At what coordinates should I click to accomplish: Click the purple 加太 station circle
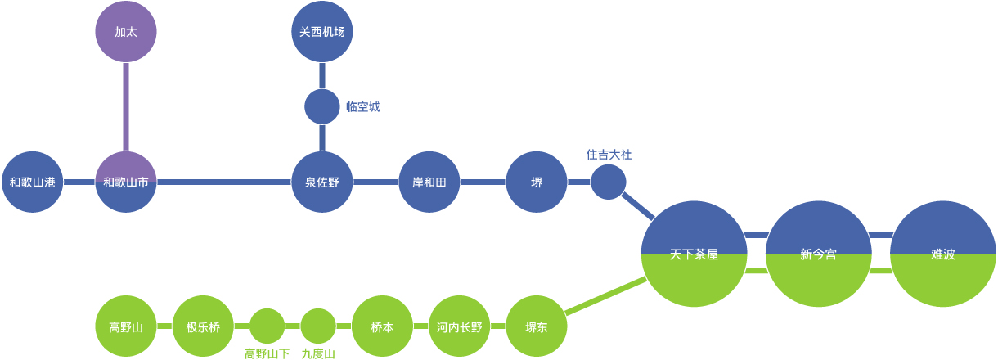click(x=126, y=32)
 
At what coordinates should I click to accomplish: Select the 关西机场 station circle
click(x=322, y=32)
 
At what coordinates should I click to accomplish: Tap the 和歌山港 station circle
click(x=33, y=182)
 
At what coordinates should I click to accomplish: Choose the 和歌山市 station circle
click(x=126, y=182)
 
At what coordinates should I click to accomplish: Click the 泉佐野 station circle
click(x=322, y=182)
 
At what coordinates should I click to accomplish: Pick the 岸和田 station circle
click(x=429, y=182)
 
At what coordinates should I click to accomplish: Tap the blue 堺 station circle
click(x=537, y=182)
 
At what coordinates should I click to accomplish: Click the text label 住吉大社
click(x=609, y=154)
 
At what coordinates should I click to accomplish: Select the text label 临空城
click(x=362, y=107)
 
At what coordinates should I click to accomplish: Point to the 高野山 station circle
click(x=126, y=326)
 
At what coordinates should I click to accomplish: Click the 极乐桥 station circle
click(x=204, y=326)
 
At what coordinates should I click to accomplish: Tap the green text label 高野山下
click(x=267, y=353)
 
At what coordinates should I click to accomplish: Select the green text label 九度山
click(x=318, y=353)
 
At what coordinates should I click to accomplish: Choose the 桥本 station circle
click(x=382, y=326)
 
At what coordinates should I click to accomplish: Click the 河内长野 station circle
click(x=460, y=326)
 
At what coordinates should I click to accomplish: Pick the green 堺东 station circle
click(x=537, y=326)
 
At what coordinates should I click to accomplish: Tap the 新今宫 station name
click(x=818, y=254)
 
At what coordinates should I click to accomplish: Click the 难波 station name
click(x=943, y=254)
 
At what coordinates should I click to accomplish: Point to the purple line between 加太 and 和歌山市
click(x=126, y=106)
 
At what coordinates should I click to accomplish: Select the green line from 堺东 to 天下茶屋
click(x=605, y=296)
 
